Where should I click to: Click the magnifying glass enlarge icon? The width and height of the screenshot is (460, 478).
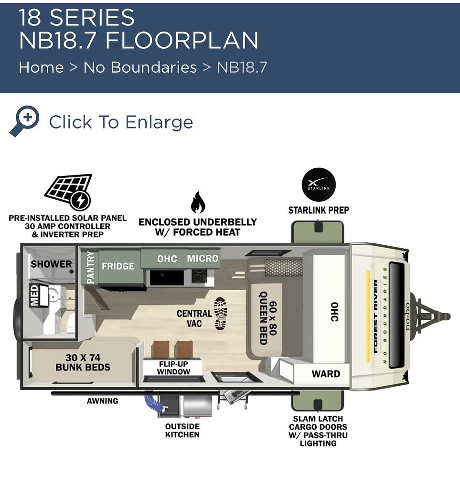(24, 121)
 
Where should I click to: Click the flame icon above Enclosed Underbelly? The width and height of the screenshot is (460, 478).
(198, 202)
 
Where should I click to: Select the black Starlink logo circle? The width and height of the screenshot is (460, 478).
(319, 184)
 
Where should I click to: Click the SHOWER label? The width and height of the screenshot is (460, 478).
(51, 264)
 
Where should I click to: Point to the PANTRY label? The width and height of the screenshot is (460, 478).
(91, 267)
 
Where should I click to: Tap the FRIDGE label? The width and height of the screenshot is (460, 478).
(118, 266)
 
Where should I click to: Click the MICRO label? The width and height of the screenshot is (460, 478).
(203, 259)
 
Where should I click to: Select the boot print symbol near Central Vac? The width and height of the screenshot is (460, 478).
(221, 314)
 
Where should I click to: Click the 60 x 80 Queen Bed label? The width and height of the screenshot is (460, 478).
(268, 318)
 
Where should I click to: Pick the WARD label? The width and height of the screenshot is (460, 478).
(326, 374)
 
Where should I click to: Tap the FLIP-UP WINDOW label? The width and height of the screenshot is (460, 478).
(174, 368)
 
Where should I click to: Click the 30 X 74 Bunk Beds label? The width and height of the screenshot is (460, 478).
(83, 362)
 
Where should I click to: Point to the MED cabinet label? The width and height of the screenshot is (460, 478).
(34, 295)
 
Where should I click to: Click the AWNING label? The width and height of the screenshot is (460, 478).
(102, 401)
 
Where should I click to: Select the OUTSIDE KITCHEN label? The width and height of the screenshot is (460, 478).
(182, 431)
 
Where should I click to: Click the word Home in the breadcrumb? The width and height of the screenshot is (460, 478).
(42, 67)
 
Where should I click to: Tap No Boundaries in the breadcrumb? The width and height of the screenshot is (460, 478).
(140, 67)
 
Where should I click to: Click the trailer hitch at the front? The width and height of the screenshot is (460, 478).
(430, 316)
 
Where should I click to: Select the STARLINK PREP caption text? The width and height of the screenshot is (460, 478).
(319, 210)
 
